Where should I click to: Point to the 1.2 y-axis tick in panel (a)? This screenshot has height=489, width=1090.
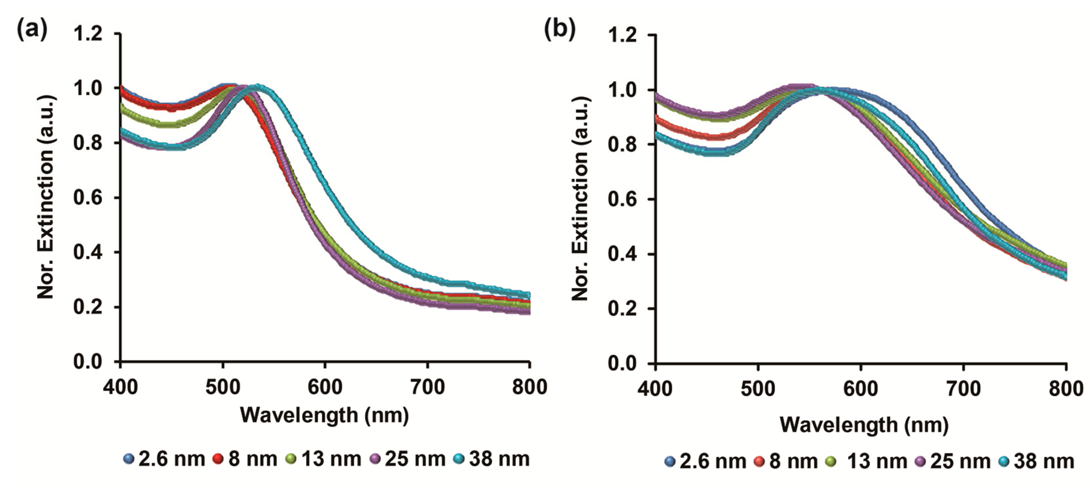click(x=88, y=33)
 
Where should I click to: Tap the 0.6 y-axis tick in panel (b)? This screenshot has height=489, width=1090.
click(x=622, y=199)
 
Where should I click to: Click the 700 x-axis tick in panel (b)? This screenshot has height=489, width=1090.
click(x=963, y=388)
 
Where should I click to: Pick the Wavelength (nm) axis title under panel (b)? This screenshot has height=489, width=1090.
click(x=864, y=425)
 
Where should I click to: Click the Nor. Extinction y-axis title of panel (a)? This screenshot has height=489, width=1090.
click(x=45, y=197)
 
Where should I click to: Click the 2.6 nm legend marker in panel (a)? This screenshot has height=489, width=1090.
click(x=129, y=459)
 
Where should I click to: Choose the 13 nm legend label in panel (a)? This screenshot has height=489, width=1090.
click(x=331, y=459)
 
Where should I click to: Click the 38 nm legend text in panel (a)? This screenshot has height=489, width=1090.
click(x=499, y=459)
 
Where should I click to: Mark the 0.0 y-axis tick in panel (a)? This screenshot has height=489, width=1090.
click(x=88, y=362)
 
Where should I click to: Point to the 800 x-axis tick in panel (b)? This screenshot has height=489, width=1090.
click(x=1065, y=388)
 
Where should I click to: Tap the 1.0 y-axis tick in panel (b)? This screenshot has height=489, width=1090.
click(x=622, y=90)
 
